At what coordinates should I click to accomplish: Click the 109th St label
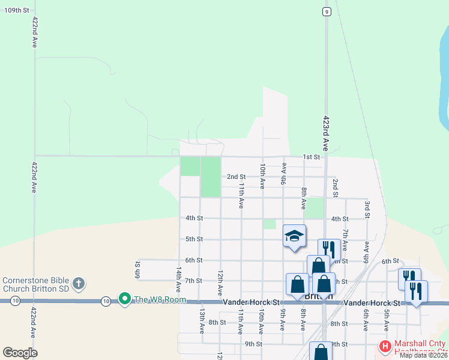[17, 10]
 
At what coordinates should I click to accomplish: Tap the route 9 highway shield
[326, 11]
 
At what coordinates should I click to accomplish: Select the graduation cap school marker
[294, 236]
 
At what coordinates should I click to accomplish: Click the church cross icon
[78, 283]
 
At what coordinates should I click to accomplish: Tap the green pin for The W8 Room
[124, 298]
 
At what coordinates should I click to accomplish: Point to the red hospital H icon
[384, 346]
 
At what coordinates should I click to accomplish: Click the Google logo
[20, 353]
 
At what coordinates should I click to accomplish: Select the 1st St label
[311, 157]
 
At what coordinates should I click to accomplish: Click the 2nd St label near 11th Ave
[236, 177]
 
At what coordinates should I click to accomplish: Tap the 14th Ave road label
[178, 280]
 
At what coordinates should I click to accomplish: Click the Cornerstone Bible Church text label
[35, 283]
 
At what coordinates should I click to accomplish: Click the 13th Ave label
[202, 321]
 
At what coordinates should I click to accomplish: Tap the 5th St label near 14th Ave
[193, 239]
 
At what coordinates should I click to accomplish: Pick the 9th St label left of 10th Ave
[253, 344]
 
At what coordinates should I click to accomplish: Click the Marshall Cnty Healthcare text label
[420, 346]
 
